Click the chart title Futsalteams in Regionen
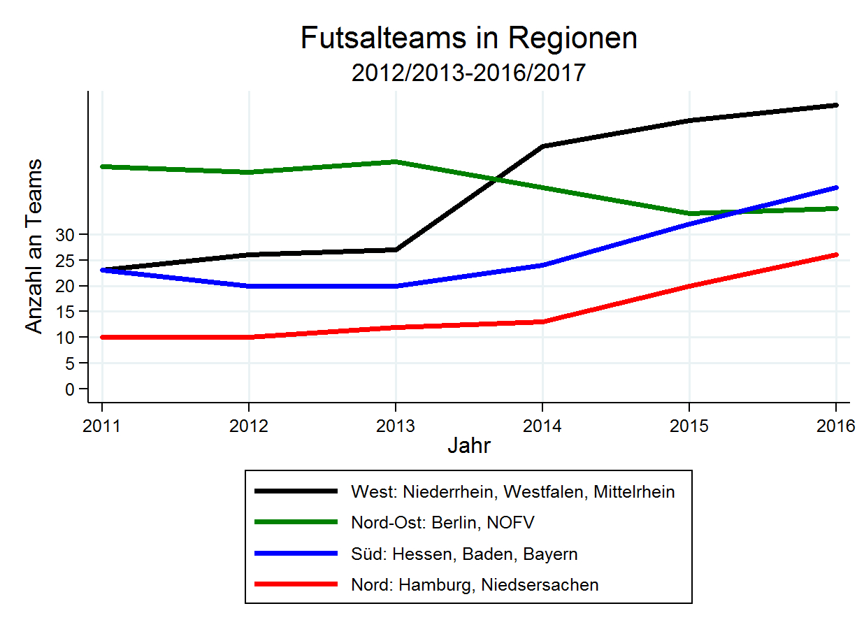pyautogui.click(x=468, y=38)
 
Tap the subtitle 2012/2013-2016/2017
pyautogui.click(x=468, y=73)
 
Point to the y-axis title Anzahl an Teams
pyautogui.click(x=34, y=246)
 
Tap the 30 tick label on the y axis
pyautogui.click(x=65, y=234)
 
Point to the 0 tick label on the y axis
pyautogui.click(x=69, y=389)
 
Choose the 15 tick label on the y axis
pyautogui.click(x=65, y=311)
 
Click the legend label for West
pyautogui.click(x=513, y=492)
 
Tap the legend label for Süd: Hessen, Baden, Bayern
pyautogui.click(x=464, y=554)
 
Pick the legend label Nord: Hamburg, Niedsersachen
pyautogui.click(x=475, y=585)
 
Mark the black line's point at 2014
pyautogui.click(x=542, y=146)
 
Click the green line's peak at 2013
pyautogui.click(x=396, y=161)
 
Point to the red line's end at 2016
pyautogui.click(x=836, y=254)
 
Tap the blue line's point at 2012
pyautogui.click(x=249, y=286)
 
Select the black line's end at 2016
pyautogui.click(x=836, y=105)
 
